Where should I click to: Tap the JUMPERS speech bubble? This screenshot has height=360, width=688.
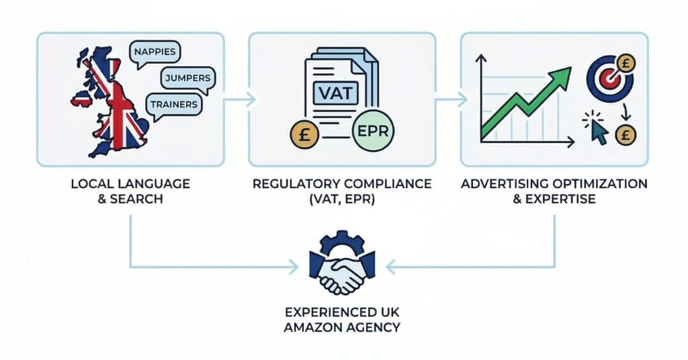[x=187, y=79]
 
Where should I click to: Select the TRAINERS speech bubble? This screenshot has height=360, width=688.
[x=174, y=104]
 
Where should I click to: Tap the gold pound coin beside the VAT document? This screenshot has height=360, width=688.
[x=306, y=132]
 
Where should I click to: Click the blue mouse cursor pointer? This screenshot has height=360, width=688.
[x=597, y=132]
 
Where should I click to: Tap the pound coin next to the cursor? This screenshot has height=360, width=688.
[x=625, y=134]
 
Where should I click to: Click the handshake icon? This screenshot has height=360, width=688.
[x=343, y=275]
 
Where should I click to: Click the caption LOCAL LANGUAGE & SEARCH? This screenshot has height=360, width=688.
[x=130, y=191]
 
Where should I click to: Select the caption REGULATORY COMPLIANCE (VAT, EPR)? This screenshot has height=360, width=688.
[x=343, y=191]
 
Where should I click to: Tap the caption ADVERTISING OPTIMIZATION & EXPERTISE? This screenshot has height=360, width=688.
[x=554, y=191]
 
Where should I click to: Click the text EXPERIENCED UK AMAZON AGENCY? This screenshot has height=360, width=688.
[x=343, y=320]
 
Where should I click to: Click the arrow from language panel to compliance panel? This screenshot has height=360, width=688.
[x=239, y=100]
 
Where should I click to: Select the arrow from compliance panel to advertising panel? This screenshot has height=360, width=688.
[x=451, y=100]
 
